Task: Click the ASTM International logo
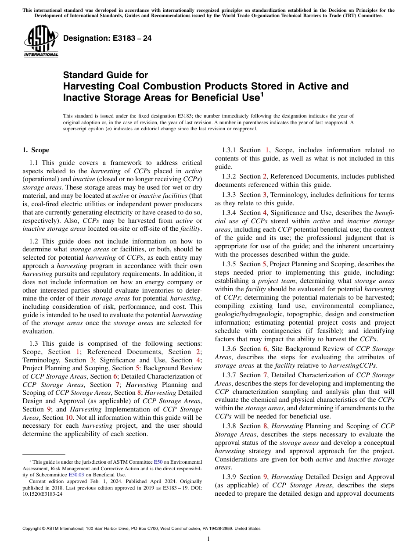pos(40,42)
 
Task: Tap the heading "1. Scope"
pos(36,150)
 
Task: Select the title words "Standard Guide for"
pos(105,75)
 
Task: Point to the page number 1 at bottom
pos(208,539)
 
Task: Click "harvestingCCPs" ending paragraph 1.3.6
pos(356,365)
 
